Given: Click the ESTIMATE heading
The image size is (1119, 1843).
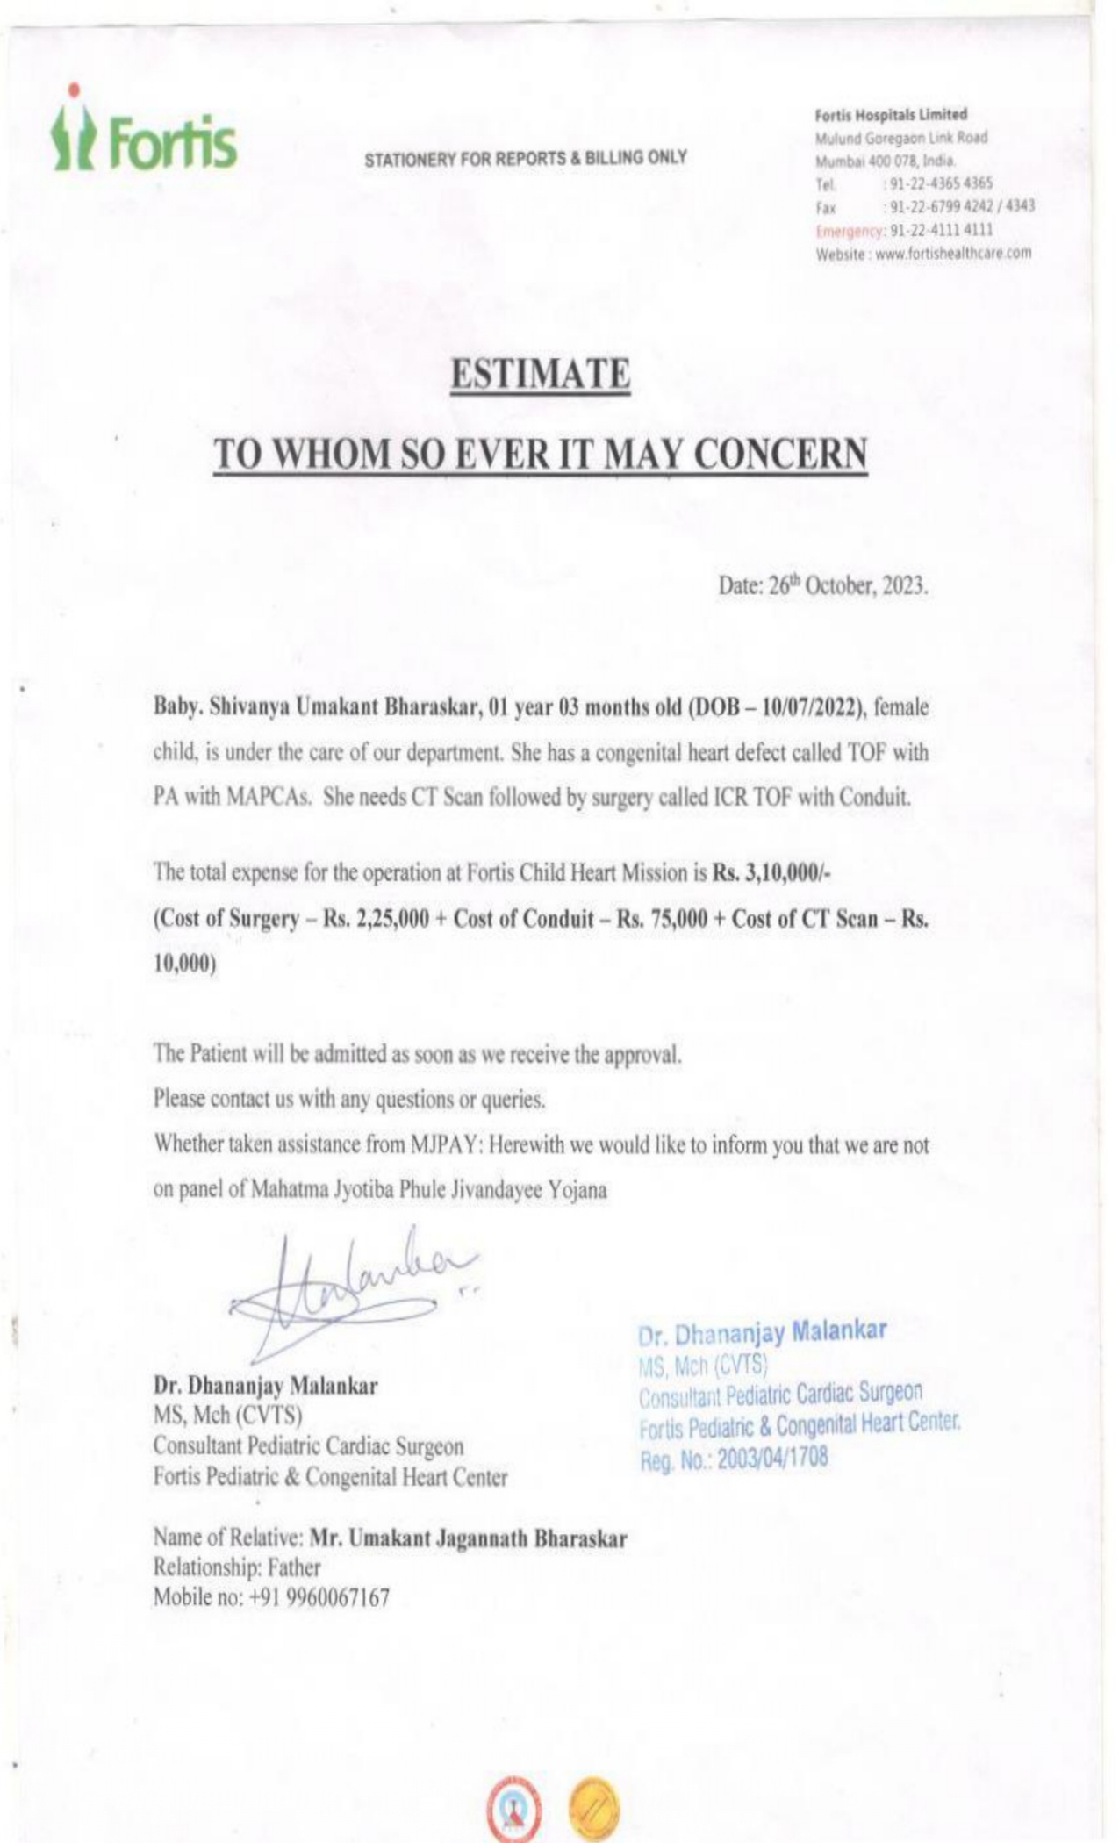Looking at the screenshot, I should [541, 375].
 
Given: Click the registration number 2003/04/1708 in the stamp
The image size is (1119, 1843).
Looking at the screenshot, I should [772, 1459].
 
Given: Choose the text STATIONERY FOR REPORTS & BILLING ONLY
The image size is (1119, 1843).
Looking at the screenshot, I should [526, 159].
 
